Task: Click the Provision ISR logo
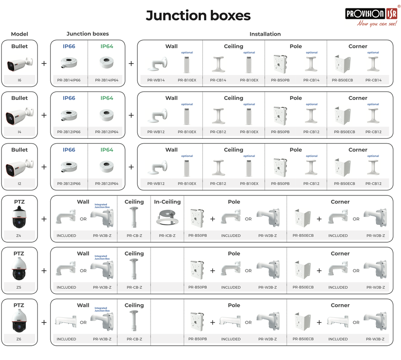click(x=371, y=17)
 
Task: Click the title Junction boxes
click(x=198, y=15)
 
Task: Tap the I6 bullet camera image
click(x=20, y=64)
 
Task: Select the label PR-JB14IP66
click(x=69, y=80)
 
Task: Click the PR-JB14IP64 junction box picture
click(x=106, y=62)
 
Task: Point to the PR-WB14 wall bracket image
click(x=158, y=64)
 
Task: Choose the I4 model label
click(x=20, y=132)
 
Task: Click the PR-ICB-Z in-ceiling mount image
click(x=167, y=217)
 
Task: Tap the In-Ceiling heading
click(x=167, y=202)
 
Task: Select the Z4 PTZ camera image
click(x=19, y=217)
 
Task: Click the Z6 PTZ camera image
click(x=19, y=321)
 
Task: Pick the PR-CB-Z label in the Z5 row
click(x=134, y=287)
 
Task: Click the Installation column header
click(x=265, y=34)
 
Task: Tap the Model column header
click(x=20, y=34)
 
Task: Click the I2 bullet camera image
click(x=20, y=167)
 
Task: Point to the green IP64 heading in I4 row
click(x=106, y=98)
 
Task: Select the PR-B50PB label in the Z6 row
click(x=197, y=339)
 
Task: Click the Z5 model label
click(x=19, y=287)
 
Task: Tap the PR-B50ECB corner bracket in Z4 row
click(x=303, y=218)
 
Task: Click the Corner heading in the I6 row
click(x=358, y=46)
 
